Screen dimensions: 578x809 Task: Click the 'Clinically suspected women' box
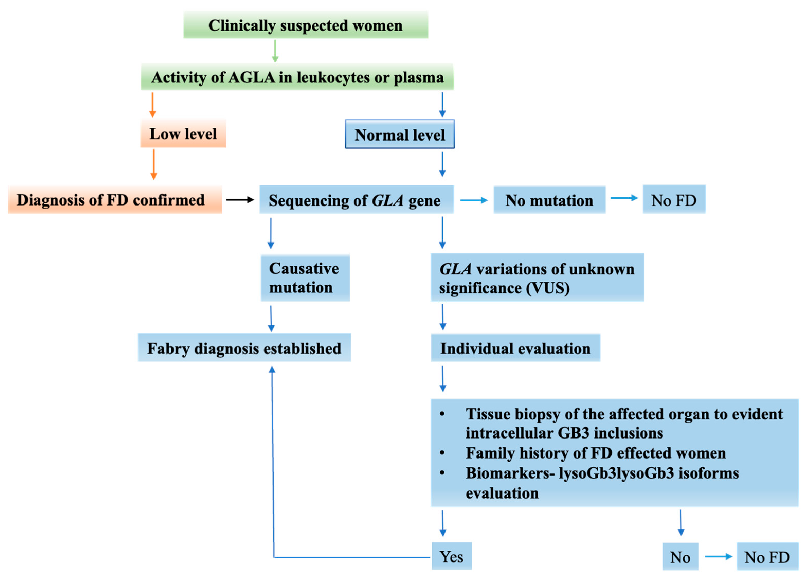pos(305,25)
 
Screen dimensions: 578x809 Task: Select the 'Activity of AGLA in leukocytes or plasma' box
pos(297,77)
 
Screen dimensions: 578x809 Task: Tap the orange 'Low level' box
pos(183,134)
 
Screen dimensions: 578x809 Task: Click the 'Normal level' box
pos(399,135)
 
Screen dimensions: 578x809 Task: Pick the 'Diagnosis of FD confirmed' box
pos(115,200)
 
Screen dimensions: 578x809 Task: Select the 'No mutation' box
pos(549,200)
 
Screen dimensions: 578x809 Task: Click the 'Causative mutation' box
pos(305,278)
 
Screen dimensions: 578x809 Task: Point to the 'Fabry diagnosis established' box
pos(244,348)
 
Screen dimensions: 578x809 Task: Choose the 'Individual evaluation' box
pos(515,348)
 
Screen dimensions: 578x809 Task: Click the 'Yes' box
pos(451,556)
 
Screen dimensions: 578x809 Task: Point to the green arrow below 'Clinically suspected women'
pos(275,51)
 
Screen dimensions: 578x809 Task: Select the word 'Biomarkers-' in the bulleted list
pos(510,473)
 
